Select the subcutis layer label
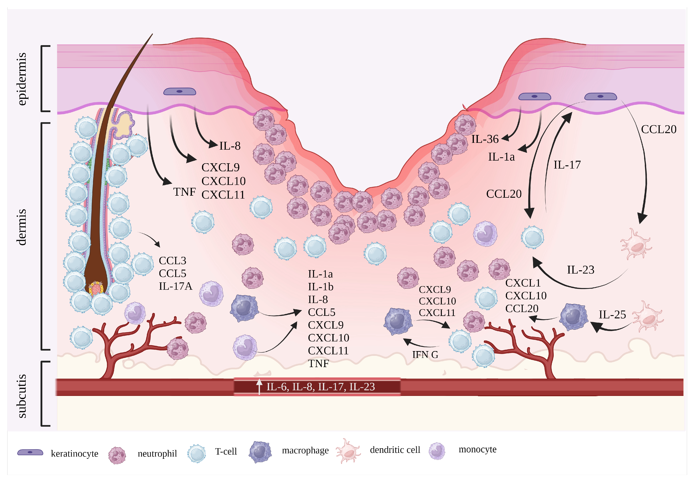pos(22,396)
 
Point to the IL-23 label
pos(580,270)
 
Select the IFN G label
pos(425,355)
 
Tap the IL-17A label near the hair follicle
pos(175,286)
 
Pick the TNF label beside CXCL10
pos(184,192)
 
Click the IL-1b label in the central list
pos(321,287)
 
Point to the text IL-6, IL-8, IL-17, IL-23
pos(321,387)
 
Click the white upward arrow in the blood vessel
pos(259,387)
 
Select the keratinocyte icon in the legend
pos(30,452)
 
